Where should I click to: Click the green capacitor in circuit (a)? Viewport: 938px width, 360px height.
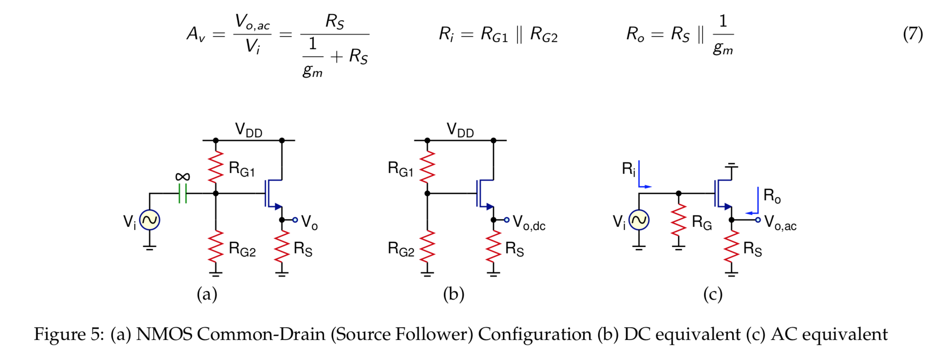point(182,193)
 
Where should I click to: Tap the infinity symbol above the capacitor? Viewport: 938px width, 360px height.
point(182,176)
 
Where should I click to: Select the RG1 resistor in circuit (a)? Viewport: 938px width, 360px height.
point(216,167)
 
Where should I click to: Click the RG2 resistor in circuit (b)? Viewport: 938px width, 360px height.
point(427,247)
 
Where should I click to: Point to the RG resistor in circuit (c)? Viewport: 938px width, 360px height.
point(679,220)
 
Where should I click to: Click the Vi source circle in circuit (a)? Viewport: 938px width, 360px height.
point(149,220)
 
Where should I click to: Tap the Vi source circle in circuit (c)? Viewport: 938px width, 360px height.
point(639,220)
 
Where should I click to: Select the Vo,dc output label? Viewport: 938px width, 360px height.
point(529,223)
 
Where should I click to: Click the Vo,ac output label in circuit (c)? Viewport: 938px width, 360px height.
point(780,223)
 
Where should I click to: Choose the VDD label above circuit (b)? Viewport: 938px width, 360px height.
point(460,130)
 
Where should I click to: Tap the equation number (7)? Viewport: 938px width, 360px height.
point(913,34)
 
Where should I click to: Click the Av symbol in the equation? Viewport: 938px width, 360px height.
point(196,34)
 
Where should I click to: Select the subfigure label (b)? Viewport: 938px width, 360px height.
point(454,294)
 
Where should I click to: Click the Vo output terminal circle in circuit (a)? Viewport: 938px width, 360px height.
point(295,220)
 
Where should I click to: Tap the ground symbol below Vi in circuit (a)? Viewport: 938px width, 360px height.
point(149,248)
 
